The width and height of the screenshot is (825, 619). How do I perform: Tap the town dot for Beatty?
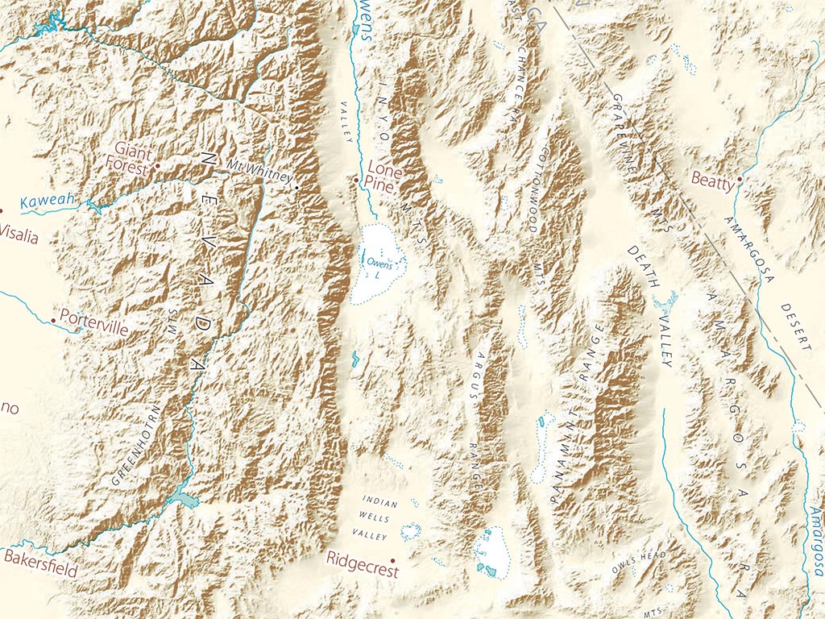(740, 180)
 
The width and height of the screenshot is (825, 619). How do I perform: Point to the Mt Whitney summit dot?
(296, 187)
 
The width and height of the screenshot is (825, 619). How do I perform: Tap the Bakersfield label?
(39, 563)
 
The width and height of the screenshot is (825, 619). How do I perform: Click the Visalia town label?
(19, 235)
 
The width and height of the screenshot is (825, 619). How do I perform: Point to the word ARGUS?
(482, 376)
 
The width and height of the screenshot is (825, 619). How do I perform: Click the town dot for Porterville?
(53, 320)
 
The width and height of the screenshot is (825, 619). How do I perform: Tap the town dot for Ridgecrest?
(392, 559)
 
